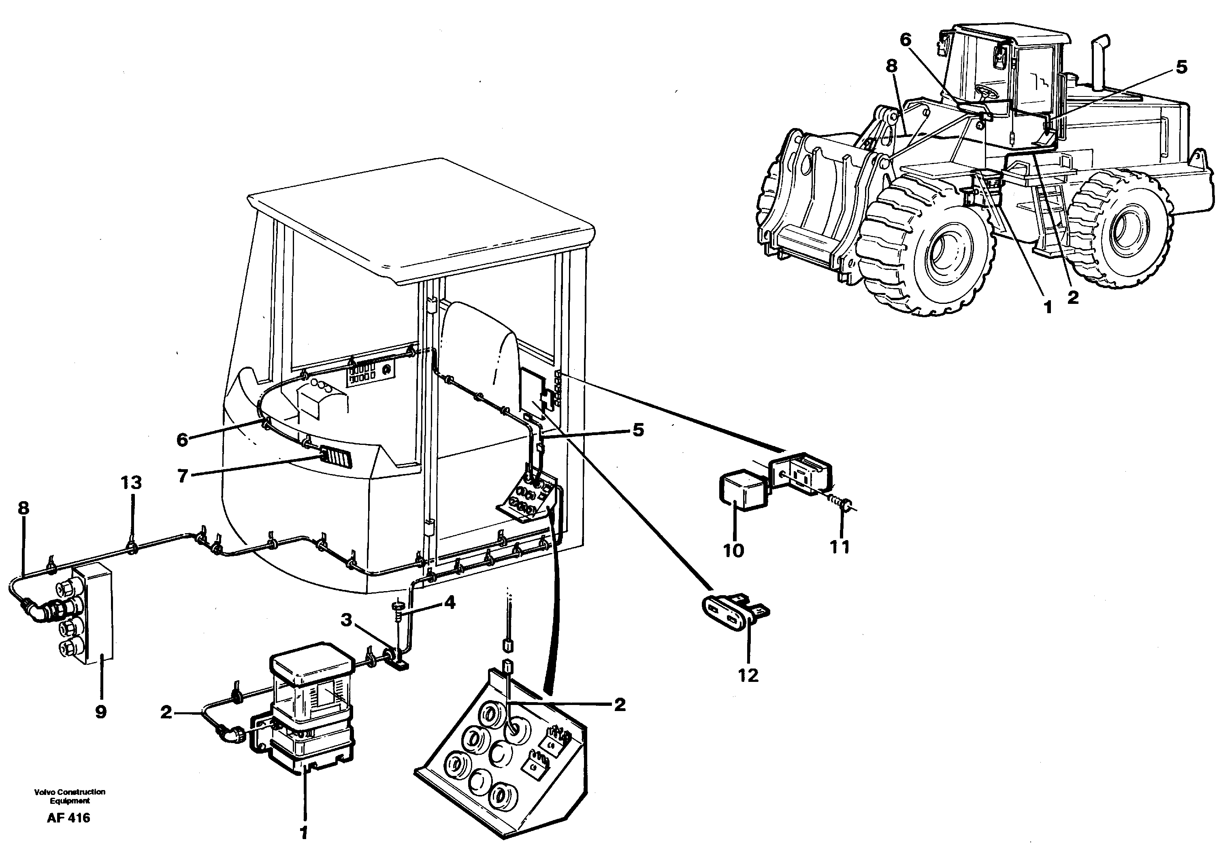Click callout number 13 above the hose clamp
(131, 483)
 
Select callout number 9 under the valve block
(101, 712)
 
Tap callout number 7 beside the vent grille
(183, 476)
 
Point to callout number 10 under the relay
(733, 551)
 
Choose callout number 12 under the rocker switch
(748, 675)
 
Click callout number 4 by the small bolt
(450, 603)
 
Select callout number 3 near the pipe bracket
(347, 619)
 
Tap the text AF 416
(68, 818)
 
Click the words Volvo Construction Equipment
(70, 796)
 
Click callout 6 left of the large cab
(183, 440)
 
